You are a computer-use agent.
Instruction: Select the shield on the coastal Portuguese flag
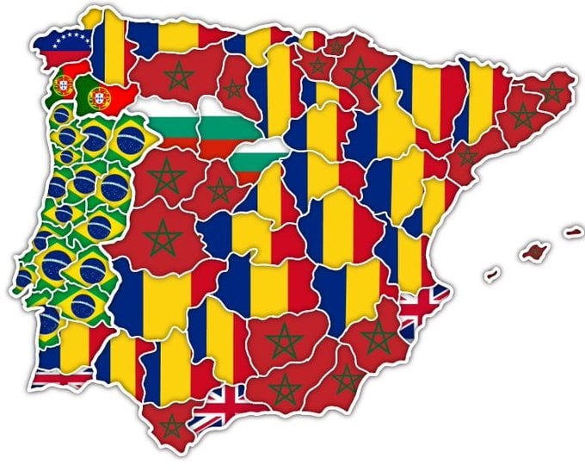coord(62,84)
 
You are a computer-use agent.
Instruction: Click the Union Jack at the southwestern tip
coord(60,378)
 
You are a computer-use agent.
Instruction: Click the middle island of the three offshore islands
coord(535,251)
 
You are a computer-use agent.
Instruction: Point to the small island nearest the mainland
coord(492,276)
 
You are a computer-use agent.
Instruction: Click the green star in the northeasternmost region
coord(551,91)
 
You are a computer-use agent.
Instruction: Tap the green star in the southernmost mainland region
coord(172,425)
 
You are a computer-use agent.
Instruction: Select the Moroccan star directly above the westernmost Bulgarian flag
coord(178,77)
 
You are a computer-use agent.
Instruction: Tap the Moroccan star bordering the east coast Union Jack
coord(378,336)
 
